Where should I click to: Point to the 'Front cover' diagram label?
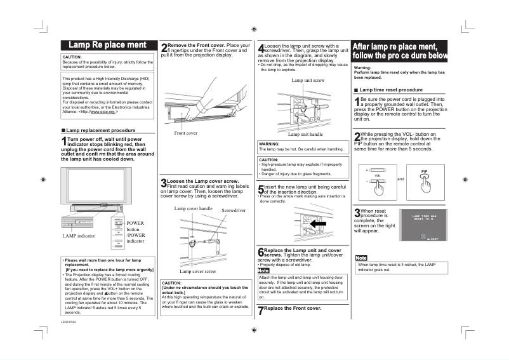(x=186, y=133)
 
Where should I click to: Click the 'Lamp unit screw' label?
(x=308, y=81)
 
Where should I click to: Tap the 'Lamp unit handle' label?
(x=305, y=135)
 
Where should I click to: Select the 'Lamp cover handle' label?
(x=193, y=208)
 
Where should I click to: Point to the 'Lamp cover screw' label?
(x=197, y=271)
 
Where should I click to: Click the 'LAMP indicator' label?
(x=79, y=236)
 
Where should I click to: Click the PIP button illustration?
(x=425, y=180)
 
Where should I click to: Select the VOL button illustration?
(x=378, y=180)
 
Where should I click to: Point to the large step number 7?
(x=260, y=310)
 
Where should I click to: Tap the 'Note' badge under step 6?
(x=263, y=270)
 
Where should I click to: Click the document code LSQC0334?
(x=68, y=323)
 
